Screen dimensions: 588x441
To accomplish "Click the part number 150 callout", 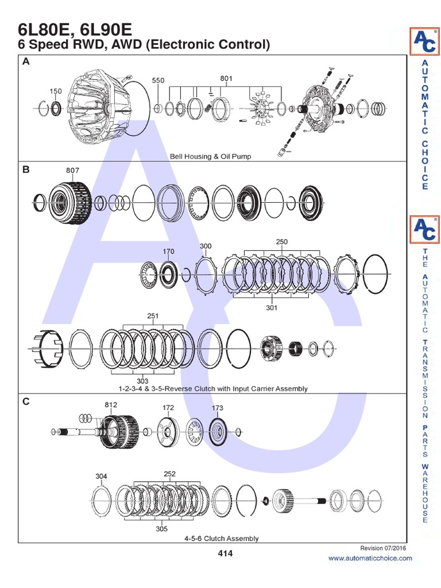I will [x=55, y=91].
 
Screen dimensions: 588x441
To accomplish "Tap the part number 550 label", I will [x=158, y=81].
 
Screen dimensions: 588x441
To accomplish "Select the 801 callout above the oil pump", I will [x=227, y=78].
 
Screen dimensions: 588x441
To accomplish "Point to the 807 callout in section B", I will [x=73, y=170].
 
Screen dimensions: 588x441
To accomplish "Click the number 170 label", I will [x=168, y=251].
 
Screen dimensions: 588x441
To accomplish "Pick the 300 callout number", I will [x=206, y=246].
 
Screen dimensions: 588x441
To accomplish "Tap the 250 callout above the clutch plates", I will [x=281, y=242].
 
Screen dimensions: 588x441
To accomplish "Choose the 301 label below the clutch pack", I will [x=272, y=308].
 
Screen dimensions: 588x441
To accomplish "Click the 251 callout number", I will [x=153, y=315].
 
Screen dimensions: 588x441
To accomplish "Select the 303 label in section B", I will [x=142, y=381].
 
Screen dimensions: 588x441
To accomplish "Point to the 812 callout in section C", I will [x=111, y=404].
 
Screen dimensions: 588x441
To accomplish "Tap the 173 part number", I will [x=217, y=408].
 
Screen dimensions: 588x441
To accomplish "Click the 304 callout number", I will [x=101, y=476].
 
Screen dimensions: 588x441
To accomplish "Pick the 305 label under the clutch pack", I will [x=162, y=529].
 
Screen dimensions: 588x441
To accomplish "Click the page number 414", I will [x=226, y=554].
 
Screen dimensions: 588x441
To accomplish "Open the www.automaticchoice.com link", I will [x=370, y=558].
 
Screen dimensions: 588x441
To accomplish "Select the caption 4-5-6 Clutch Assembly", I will [x=221, y=539].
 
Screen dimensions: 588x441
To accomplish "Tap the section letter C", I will [x=25, y=401].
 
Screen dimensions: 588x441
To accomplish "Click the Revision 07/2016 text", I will [x=386, y=548].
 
